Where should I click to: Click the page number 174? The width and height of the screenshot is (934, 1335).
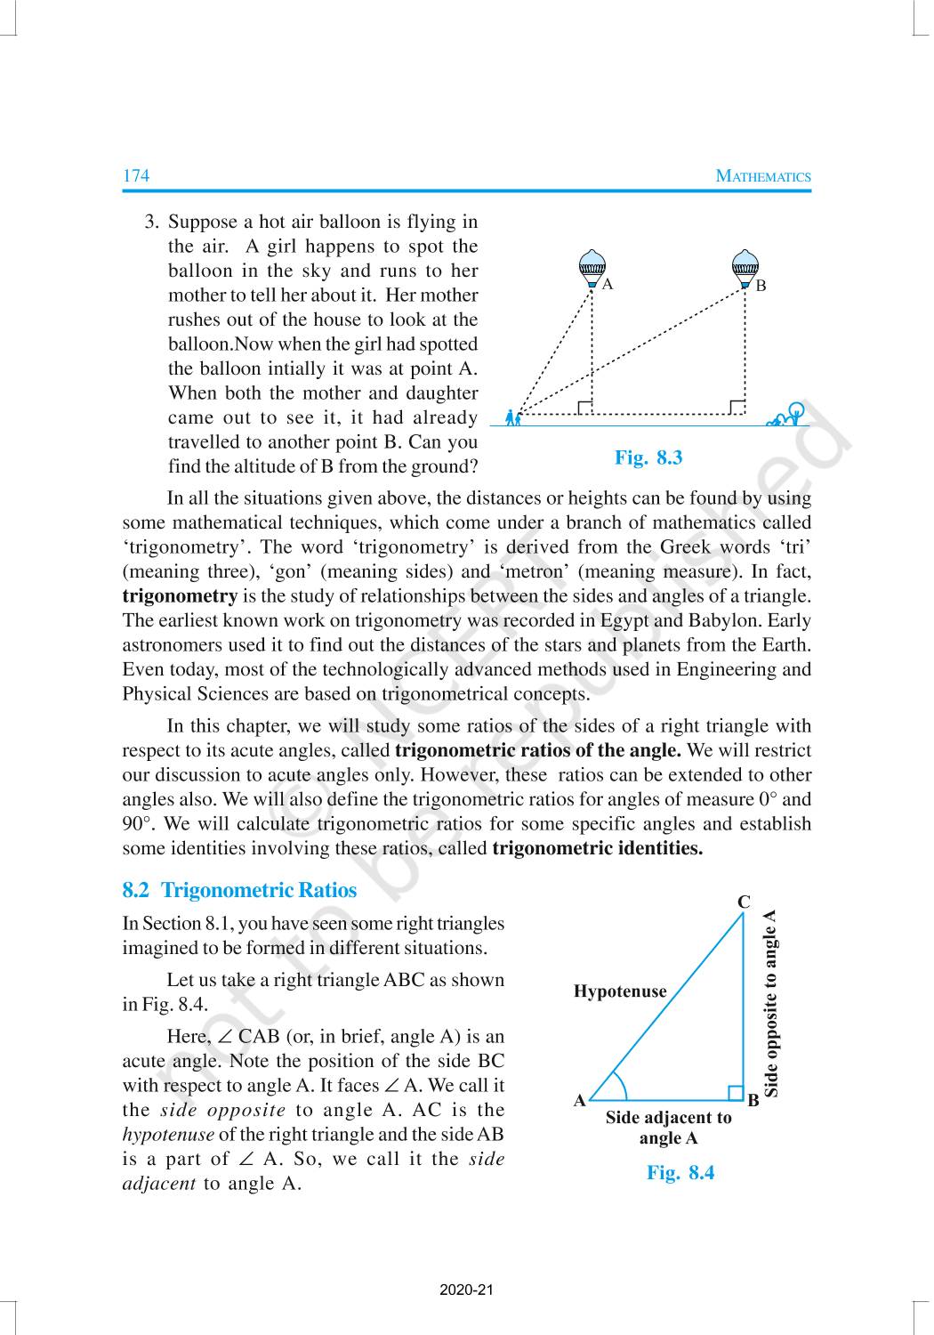point(136,175)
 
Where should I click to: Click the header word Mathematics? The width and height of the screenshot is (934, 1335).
point(763,176)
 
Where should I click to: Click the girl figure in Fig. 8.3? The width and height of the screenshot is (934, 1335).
point(511,417)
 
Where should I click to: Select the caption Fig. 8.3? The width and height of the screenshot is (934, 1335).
point(648,457)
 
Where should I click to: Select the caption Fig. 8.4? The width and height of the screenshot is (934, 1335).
point(680,1172)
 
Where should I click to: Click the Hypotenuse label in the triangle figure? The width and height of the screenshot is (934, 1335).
point(620,991)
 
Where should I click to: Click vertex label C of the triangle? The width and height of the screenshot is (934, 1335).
point(744,902)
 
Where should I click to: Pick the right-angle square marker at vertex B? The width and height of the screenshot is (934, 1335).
point(735,1093)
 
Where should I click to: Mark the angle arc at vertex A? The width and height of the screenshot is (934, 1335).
point(620,1088)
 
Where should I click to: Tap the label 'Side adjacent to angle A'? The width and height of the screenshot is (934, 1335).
point(668,1128)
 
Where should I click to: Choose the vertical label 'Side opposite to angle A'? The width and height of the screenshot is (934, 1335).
point(771,1002)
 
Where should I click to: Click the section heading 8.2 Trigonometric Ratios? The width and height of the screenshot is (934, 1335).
point(239,890)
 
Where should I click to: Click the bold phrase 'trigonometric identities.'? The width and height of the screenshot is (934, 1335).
point(597,848)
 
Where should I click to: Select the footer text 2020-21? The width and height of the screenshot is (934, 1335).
point(466,1290)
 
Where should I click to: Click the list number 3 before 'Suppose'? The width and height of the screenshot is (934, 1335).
point(151,222)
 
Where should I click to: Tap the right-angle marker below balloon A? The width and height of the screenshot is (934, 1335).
point(584,408)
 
